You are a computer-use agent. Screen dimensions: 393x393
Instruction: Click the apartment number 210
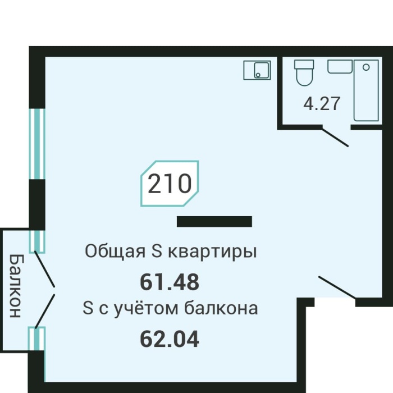(x=169, y=184)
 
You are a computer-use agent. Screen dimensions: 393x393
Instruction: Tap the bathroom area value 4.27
(x=322, y=104)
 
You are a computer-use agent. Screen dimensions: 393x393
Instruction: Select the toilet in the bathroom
(x=304, y=73)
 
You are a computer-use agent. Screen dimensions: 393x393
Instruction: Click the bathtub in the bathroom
(x=365, y=90)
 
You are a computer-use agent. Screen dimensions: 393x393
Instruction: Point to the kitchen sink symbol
(x=257, y=70)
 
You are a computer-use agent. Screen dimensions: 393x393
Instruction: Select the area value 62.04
(x=169, y=339)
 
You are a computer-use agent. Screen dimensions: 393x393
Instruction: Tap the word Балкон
(x=16, y=285)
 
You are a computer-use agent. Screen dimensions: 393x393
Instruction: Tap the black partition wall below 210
(x=214, y=222)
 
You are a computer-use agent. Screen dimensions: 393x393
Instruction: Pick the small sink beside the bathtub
(x=340, y=67)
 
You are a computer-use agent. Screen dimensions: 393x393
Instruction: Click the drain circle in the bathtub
(x=367, y=67)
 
